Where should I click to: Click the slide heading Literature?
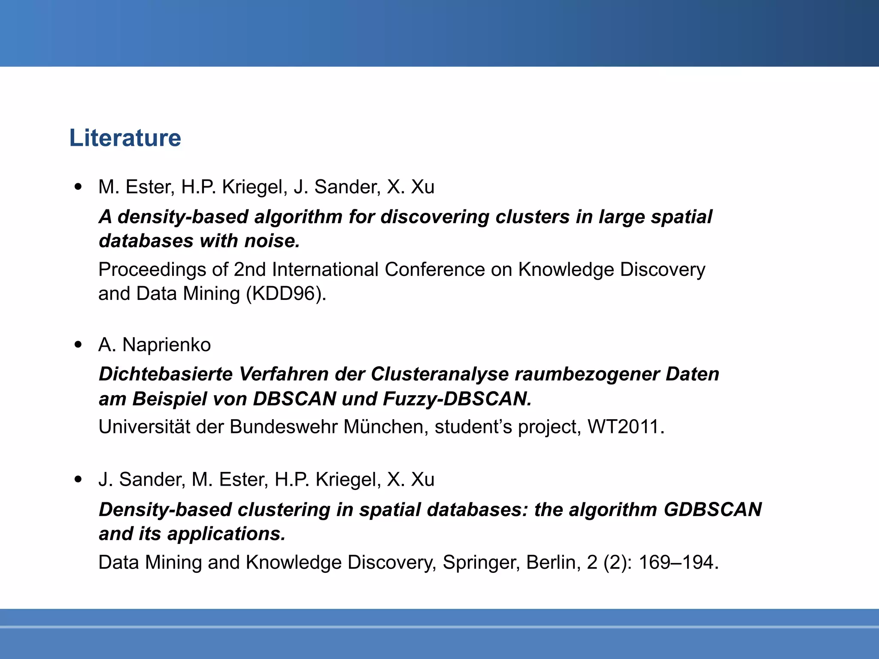[125, 138]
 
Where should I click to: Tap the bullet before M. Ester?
[78, 187]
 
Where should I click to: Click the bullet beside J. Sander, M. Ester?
[78, 480]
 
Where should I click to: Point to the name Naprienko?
[167, 345]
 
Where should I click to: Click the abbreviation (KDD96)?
[286, 294]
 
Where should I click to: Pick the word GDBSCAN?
[712, 510]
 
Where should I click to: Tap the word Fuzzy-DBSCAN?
[457, 399]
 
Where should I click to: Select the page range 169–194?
[678, 562]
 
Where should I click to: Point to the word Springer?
[481, 563]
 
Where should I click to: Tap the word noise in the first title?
[272, 241]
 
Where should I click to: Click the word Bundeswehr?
[284, 427]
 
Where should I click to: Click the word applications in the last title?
[226, 534]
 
